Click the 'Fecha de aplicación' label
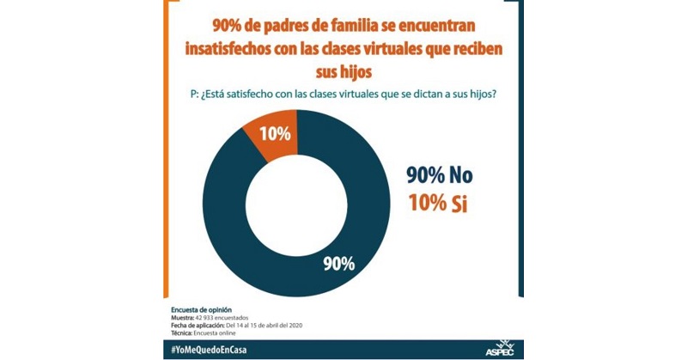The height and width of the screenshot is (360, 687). click(200, 324)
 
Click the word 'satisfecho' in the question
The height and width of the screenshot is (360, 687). click(250, 94)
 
